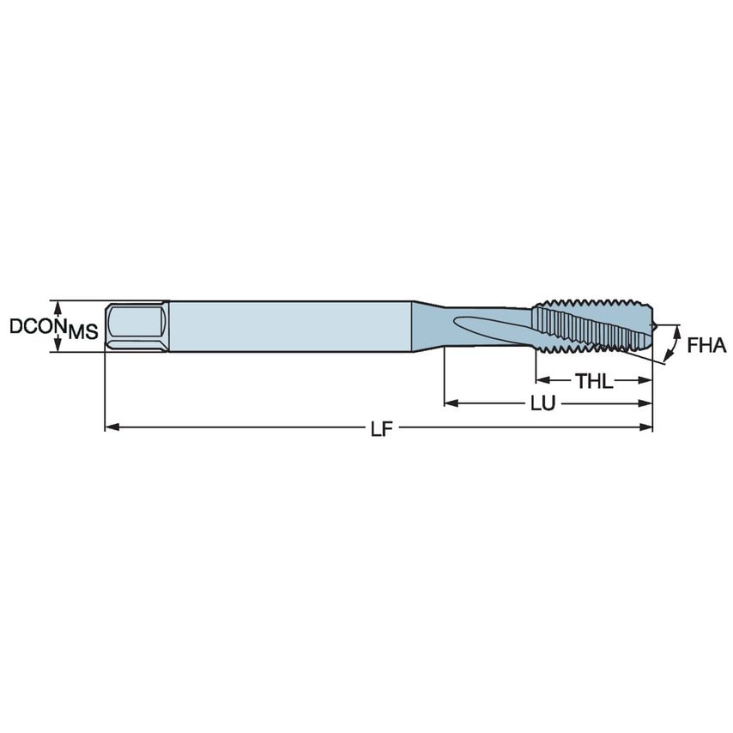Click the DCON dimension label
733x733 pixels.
(x=36, y=326)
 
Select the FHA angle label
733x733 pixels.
(x=706, y=346)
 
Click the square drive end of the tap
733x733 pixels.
(x=136, y=325)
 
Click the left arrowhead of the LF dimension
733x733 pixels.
(x=111, y=427)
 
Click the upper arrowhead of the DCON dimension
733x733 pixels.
(x=58, y=305)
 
